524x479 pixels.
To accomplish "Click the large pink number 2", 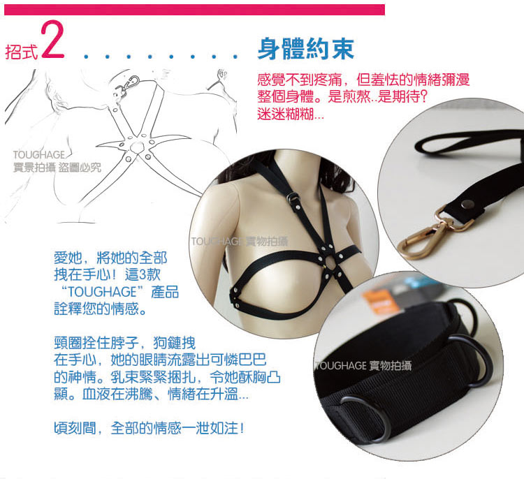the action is click(52, 40).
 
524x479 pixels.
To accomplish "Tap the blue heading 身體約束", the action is click(306, 49).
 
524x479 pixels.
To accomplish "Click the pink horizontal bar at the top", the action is click(194, 10).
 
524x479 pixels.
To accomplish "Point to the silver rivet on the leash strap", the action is click(467, 204).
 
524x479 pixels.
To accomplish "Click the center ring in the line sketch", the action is click(137, 147).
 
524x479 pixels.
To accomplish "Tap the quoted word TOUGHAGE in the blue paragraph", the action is click(102, 292).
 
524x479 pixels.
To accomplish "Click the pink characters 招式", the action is click(21, 52).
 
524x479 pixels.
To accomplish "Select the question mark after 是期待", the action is click(423, 96).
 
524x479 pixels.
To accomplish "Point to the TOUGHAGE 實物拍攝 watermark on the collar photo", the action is click(363, 366).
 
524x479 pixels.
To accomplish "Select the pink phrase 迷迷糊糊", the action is click(286, 115).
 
